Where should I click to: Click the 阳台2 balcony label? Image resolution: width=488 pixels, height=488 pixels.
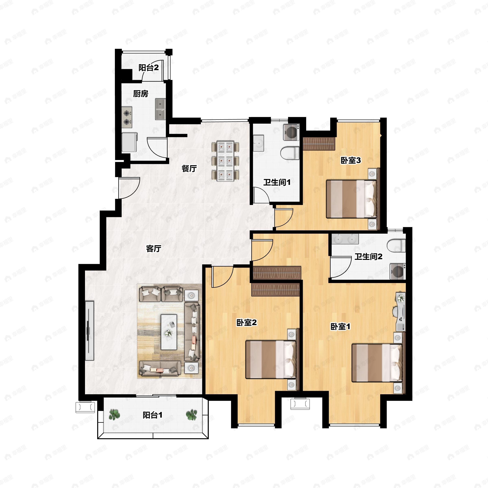click(x=148, y=68)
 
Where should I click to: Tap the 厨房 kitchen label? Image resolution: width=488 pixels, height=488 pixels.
click(x=141, y=94)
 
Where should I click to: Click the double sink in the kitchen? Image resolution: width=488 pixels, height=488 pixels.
click(x=160, y=109)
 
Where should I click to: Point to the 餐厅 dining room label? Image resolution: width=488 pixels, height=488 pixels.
click(x=189, y=169)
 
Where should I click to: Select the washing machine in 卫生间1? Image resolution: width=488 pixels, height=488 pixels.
click(x=291, y=132)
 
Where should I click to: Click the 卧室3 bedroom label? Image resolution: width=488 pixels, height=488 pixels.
click(x=351, y=160)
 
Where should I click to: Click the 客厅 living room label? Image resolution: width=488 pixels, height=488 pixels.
click(x=154, y=248)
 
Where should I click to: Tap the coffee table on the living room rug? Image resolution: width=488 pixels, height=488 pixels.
click(x=169, y=332)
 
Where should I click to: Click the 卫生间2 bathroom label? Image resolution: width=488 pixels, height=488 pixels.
click(x=368, y=257)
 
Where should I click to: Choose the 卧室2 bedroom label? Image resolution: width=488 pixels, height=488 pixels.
click(x=246, y=322)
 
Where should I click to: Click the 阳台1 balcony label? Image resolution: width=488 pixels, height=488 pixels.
click(x=152, y=415)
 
